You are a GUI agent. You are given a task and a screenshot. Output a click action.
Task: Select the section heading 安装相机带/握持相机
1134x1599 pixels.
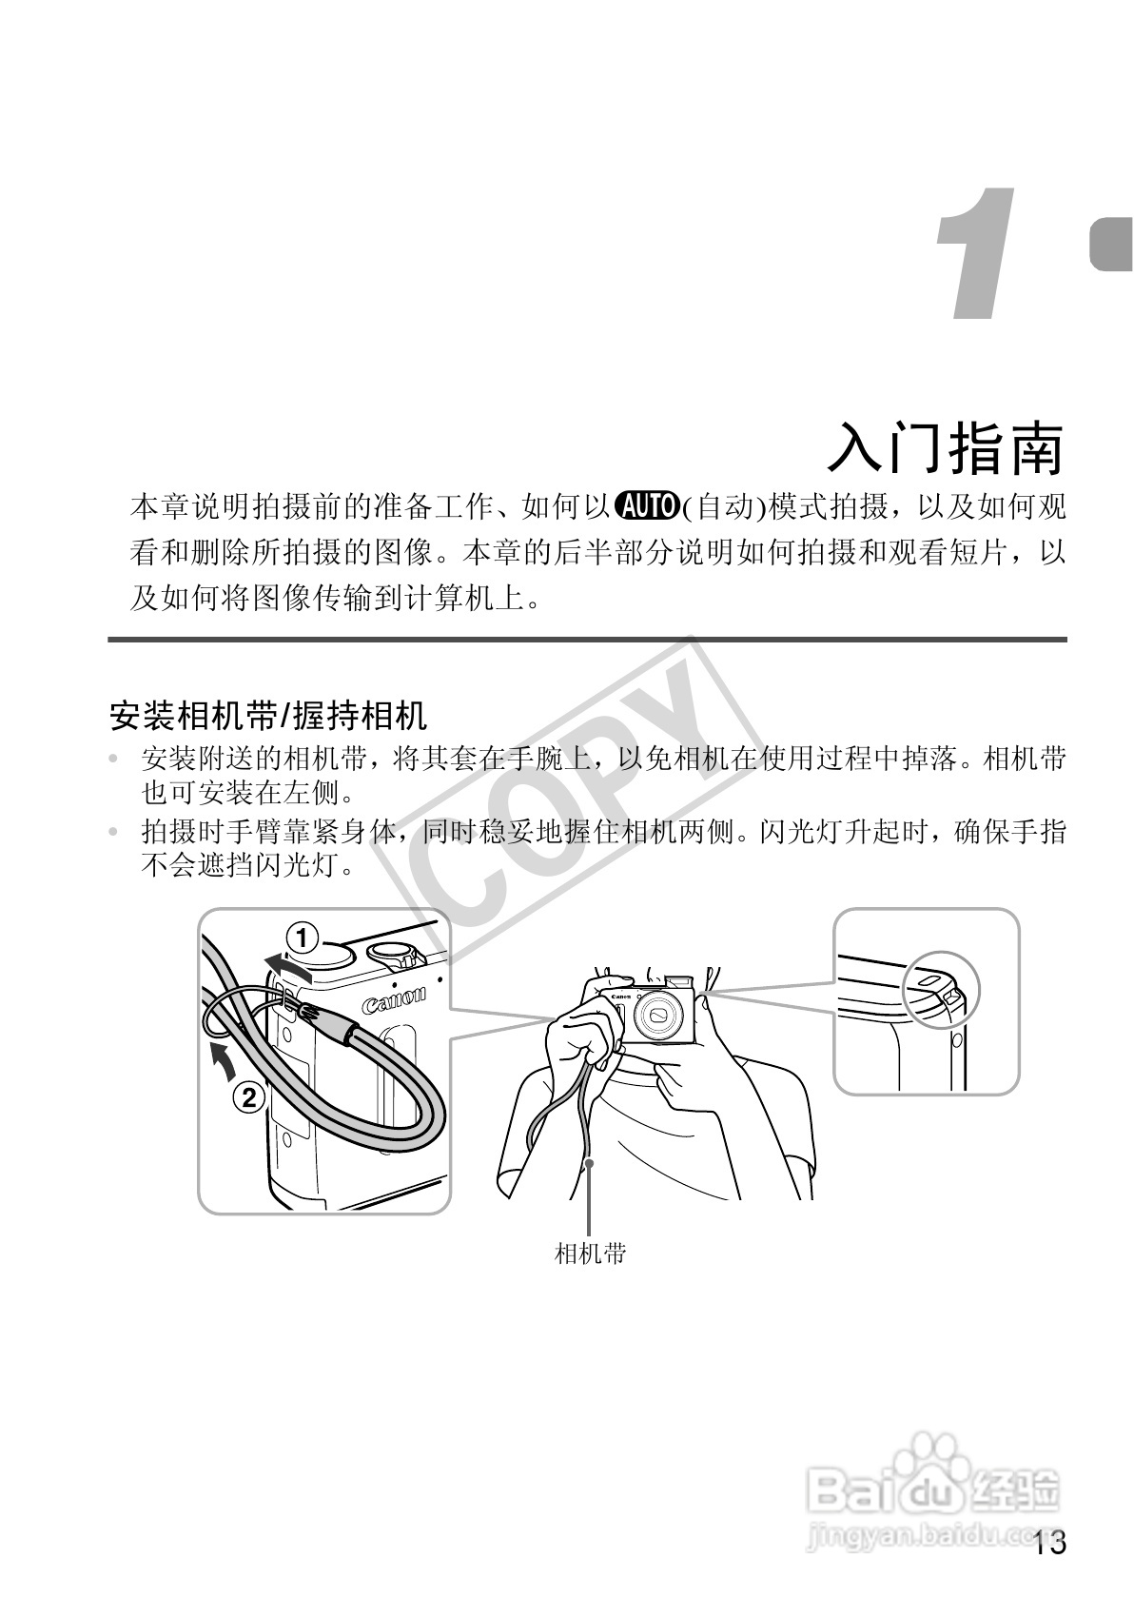click(x=269, y=715)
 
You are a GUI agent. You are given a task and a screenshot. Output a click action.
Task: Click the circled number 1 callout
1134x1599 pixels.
click(x=303, y=939)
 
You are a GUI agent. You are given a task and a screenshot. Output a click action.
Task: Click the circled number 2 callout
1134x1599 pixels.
click(x=248, y=1098)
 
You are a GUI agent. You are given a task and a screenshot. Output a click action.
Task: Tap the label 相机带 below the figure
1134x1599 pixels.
click(x=590, y=1254)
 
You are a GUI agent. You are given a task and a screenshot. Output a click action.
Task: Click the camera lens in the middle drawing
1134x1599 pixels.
click(x=658, y=1017)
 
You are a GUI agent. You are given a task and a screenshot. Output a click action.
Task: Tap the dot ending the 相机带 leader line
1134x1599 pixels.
click(x=590, y=1162)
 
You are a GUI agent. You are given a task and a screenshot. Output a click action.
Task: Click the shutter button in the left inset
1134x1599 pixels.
click(x=323, y=950)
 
